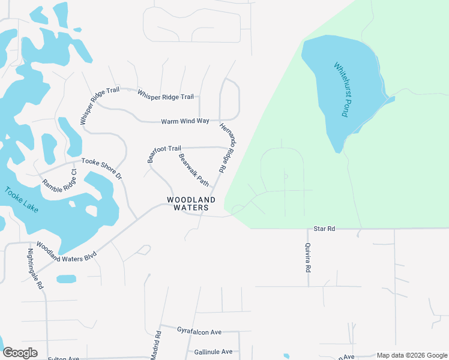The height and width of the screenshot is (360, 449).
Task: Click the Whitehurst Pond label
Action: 340,90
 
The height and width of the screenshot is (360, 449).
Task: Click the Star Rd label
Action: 323,229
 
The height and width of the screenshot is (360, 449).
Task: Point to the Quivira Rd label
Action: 307,258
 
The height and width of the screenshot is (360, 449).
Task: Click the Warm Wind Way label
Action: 185,121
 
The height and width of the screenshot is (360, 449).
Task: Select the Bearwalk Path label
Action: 193,169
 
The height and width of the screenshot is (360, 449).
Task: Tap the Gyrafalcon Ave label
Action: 199,331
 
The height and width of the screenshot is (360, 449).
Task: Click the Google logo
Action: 20,353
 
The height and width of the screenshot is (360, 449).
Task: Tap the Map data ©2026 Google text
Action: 412,355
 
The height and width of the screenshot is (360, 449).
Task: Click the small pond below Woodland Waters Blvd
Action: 66,279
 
